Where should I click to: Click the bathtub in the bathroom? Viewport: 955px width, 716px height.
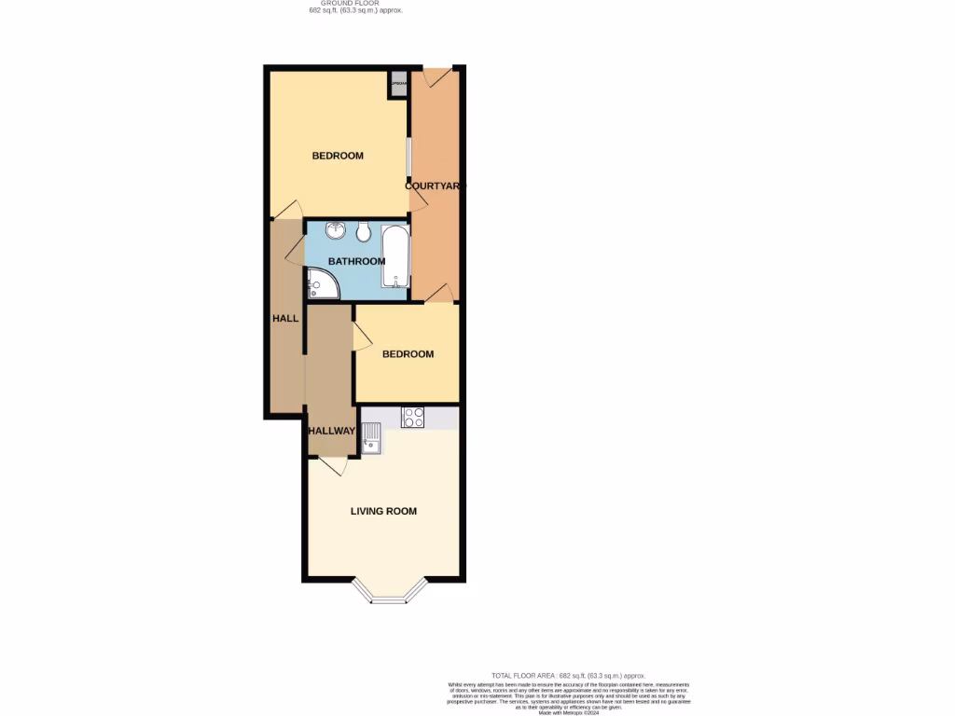395,255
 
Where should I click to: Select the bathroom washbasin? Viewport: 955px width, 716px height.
335,230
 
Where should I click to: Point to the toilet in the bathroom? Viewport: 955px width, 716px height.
364,231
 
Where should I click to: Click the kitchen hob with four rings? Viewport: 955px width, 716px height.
413,418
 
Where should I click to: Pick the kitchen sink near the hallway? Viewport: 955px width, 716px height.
371,436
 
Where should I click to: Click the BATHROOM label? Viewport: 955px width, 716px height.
356,261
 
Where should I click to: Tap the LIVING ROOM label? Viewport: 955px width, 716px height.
383,511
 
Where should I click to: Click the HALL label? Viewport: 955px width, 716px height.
285,318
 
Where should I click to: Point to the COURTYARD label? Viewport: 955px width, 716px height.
434,186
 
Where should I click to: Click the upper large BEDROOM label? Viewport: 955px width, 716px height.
338,156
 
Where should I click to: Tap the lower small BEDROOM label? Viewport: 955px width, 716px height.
408,354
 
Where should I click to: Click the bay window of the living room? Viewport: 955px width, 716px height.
390,593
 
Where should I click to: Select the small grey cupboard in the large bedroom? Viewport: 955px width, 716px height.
398,84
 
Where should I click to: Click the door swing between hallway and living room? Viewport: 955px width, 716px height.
330,465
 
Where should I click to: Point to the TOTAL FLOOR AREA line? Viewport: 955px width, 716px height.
568,675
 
